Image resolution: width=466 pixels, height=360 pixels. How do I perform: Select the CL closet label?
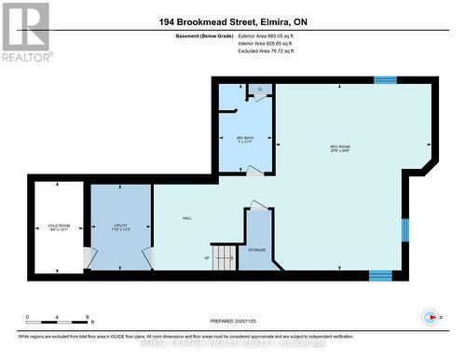(x=260, y=89)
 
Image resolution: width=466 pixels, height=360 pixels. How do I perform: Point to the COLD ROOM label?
(x=59, y=226)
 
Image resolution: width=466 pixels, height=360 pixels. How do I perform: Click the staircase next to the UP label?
(x=225, y=257)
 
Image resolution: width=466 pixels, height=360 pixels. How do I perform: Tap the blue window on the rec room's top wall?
(x=385, y=80)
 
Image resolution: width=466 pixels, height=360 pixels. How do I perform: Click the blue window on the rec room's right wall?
(x=404, y=229)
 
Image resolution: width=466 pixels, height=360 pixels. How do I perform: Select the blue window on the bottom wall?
(x=380, y=275)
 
